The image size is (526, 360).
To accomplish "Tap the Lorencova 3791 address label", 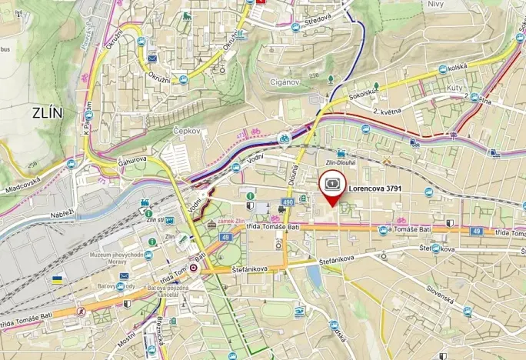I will coord(375,187).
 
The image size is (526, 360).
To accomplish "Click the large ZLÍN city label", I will coord(48,112).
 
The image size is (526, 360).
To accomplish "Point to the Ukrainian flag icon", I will coord(57,280).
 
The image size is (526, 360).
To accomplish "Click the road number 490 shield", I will coord(287,202).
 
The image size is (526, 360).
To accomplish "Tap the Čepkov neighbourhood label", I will coord(186,131).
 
